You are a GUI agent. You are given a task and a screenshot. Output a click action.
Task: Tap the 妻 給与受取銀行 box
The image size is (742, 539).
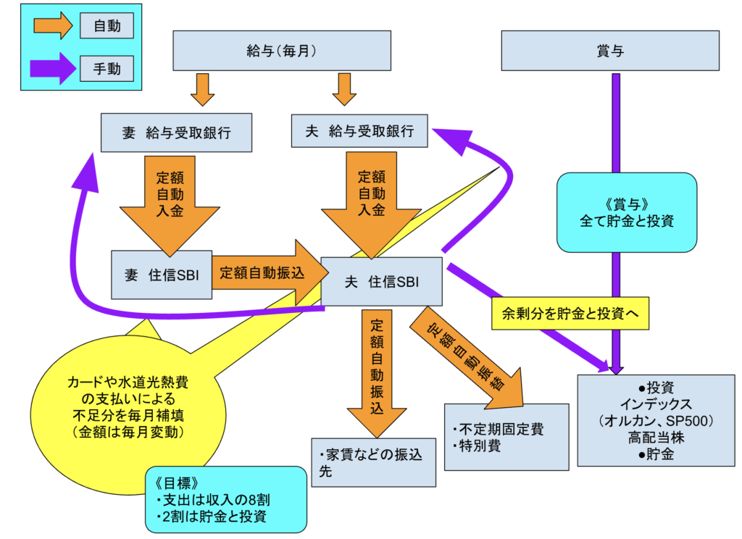coord(176,132)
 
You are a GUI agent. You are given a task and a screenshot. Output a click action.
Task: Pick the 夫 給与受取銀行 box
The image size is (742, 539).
coord(360,131)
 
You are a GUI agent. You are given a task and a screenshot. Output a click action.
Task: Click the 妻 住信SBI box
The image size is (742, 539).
coord(160,275)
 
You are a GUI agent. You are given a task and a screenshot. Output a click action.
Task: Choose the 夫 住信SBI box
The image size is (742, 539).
coord(381,281)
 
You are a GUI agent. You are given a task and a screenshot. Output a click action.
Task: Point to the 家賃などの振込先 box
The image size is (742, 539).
coord(373,462)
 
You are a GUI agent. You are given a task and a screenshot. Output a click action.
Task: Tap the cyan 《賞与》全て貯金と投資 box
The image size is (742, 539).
coord(627,211)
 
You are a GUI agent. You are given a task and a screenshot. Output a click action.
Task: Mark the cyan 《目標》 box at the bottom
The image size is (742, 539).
coord(224,500)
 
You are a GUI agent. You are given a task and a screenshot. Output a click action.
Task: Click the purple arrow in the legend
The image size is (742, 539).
coord(52,70)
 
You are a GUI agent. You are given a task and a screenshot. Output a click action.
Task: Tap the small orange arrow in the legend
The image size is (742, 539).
coord(52,28)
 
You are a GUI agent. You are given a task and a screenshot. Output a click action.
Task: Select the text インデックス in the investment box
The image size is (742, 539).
coord(656,404)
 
